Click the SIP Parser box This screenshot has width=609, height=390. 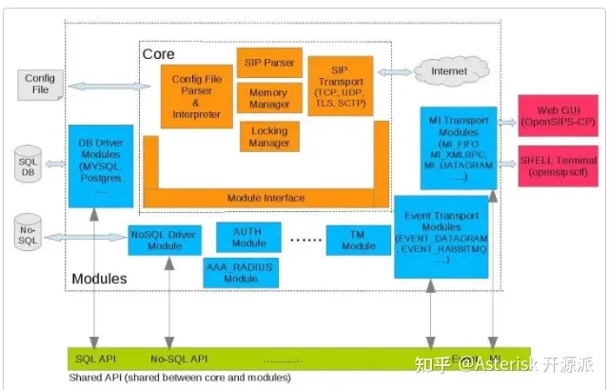click(269, 63)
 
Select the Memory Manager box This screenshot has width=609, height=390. click(269, 98)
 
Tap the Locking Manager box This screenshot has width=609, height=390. click(269, 135)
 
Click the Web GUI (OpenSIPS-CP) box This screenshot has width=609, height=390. click(557, 115)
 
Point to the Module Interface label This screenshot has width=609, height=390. click(265, 198)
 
